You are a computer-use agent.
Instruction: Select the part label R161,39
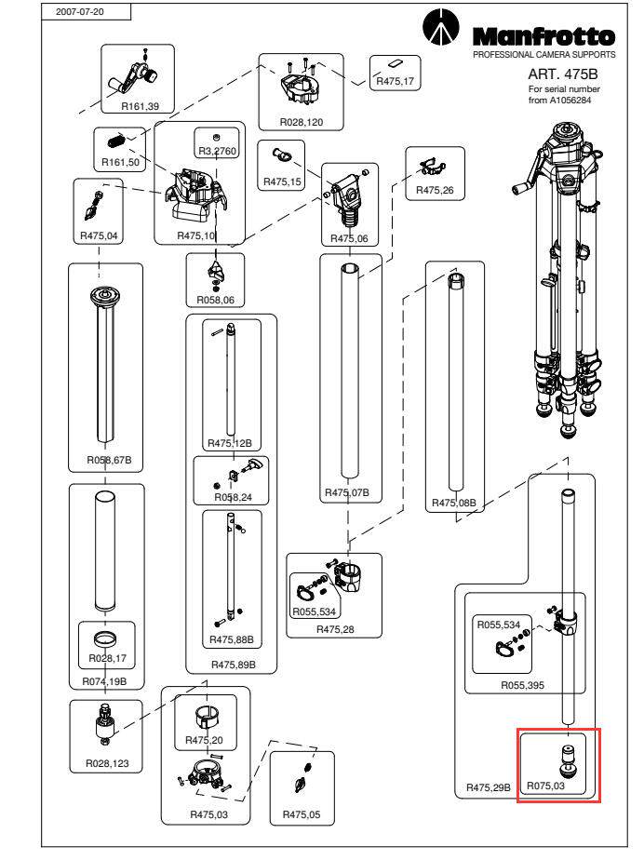tap(140, 107)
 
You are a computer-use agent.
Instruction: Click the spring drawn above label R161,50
tap(116, 142)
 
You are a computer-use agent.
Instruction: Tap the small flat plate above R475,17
tap(394, 65)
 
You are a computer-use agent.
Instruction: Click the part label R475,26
tap(434, 190)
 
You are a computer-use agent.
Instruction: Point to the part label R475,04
tap(100, 235)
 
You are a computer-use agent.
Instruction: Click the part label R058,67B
tap(106, 460)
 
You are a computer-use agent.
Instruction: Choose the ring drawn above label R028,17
tap(104, 639)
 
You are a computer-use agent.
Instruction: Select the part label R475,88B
tap(231, 639)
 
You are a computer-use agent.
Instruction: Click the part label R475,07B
tap(346, 491)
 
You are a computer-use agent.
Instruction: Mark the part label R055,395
tap(523, 684)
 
